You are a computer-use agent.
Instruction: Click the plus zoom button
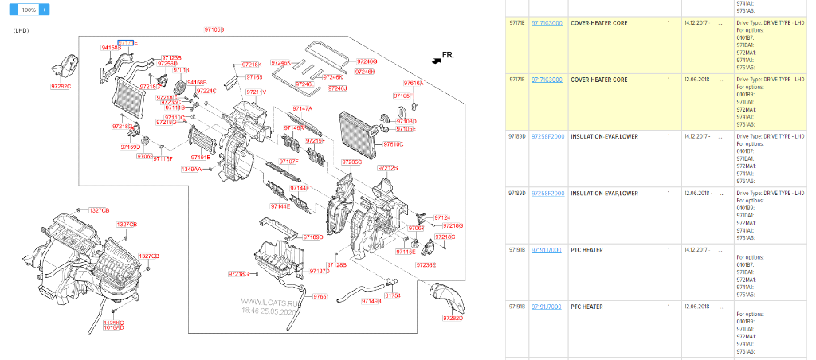[x=44, y=10]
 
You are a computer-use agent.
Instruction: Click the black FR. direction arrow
[x=434, y=58]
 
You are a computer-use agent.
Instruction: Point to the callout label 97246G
[x=367, y=61]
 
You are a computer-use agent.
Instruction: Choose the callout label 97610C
[x=393, y=144]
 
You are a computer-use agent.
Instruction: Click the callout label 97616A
[x=413, y=83]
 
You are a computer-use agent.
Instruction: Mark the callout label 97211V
[x=256, y=92]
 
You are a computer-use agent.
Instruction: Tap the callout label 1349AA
[x=191, y=170]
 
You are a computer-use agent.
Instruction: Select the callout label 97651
[x=320, y=296]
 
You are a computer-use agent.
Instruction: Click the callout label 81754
[x=392, y=295]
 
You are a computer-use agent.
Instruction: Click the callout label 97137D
[x=319, y=272]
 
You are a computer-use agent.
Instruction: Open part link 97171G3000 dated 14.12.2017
[x=547, y=23]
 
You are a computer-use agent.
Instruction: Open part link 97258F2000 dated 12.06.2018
[x=547, y=193]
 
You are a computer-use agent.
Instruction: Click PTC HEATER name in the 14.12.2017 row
[x=586, y=250]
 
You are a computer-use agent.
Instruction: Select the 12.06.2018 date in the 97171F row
[x=696, y=80]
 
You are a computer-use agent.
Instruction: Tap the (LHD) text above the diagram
[x=22, y=30]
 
